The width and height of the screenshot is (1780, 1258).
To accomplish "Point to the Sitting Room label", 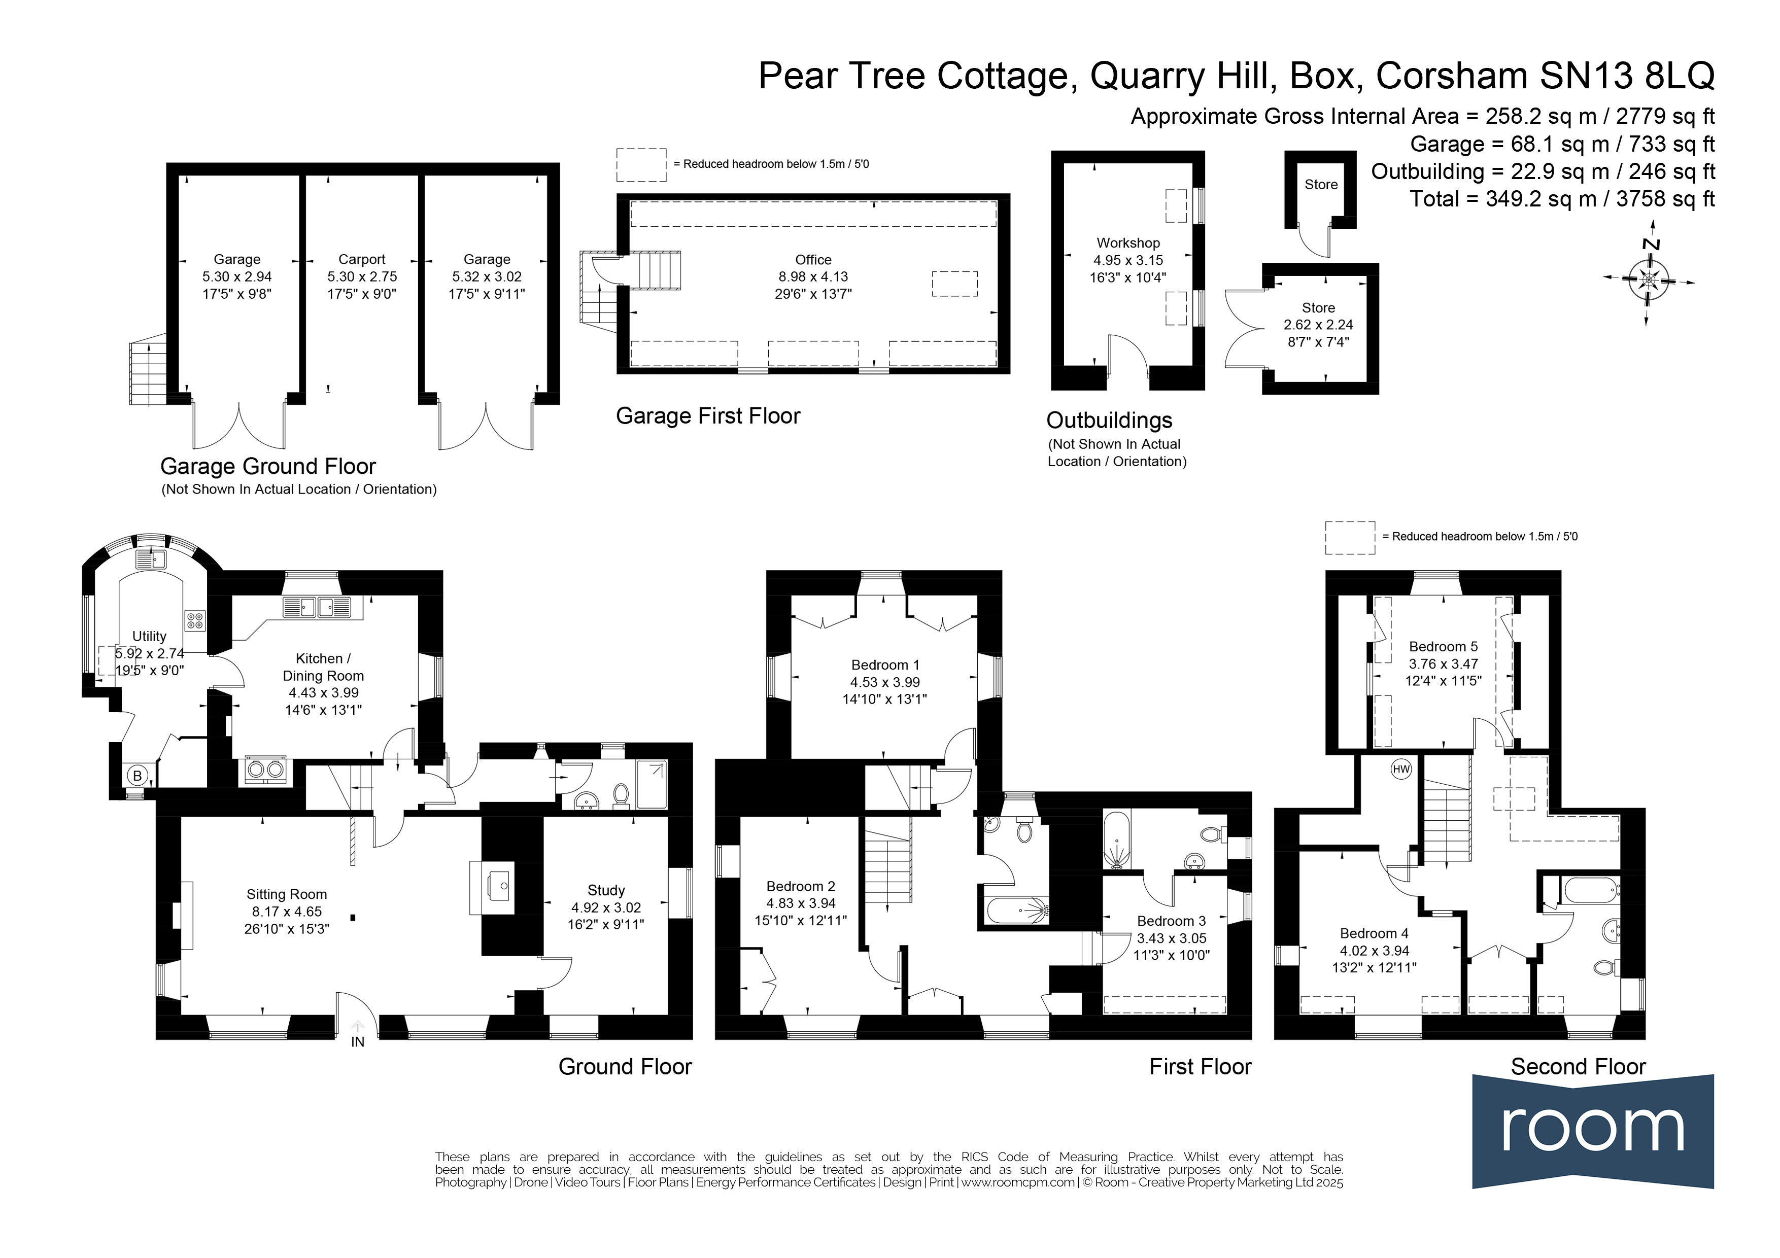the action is click(287, 894).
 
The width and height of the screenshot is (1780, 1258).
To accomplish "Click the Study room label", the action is click(606, 891).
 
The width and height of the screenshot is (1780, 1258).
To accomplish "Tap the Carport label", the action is click(362, 260).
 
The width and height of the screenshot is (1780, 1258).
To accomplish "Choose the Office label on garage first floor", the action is click(813, 260).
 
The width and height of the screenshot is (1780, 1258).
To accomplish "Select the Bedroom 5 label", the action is click(1444, 646).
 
